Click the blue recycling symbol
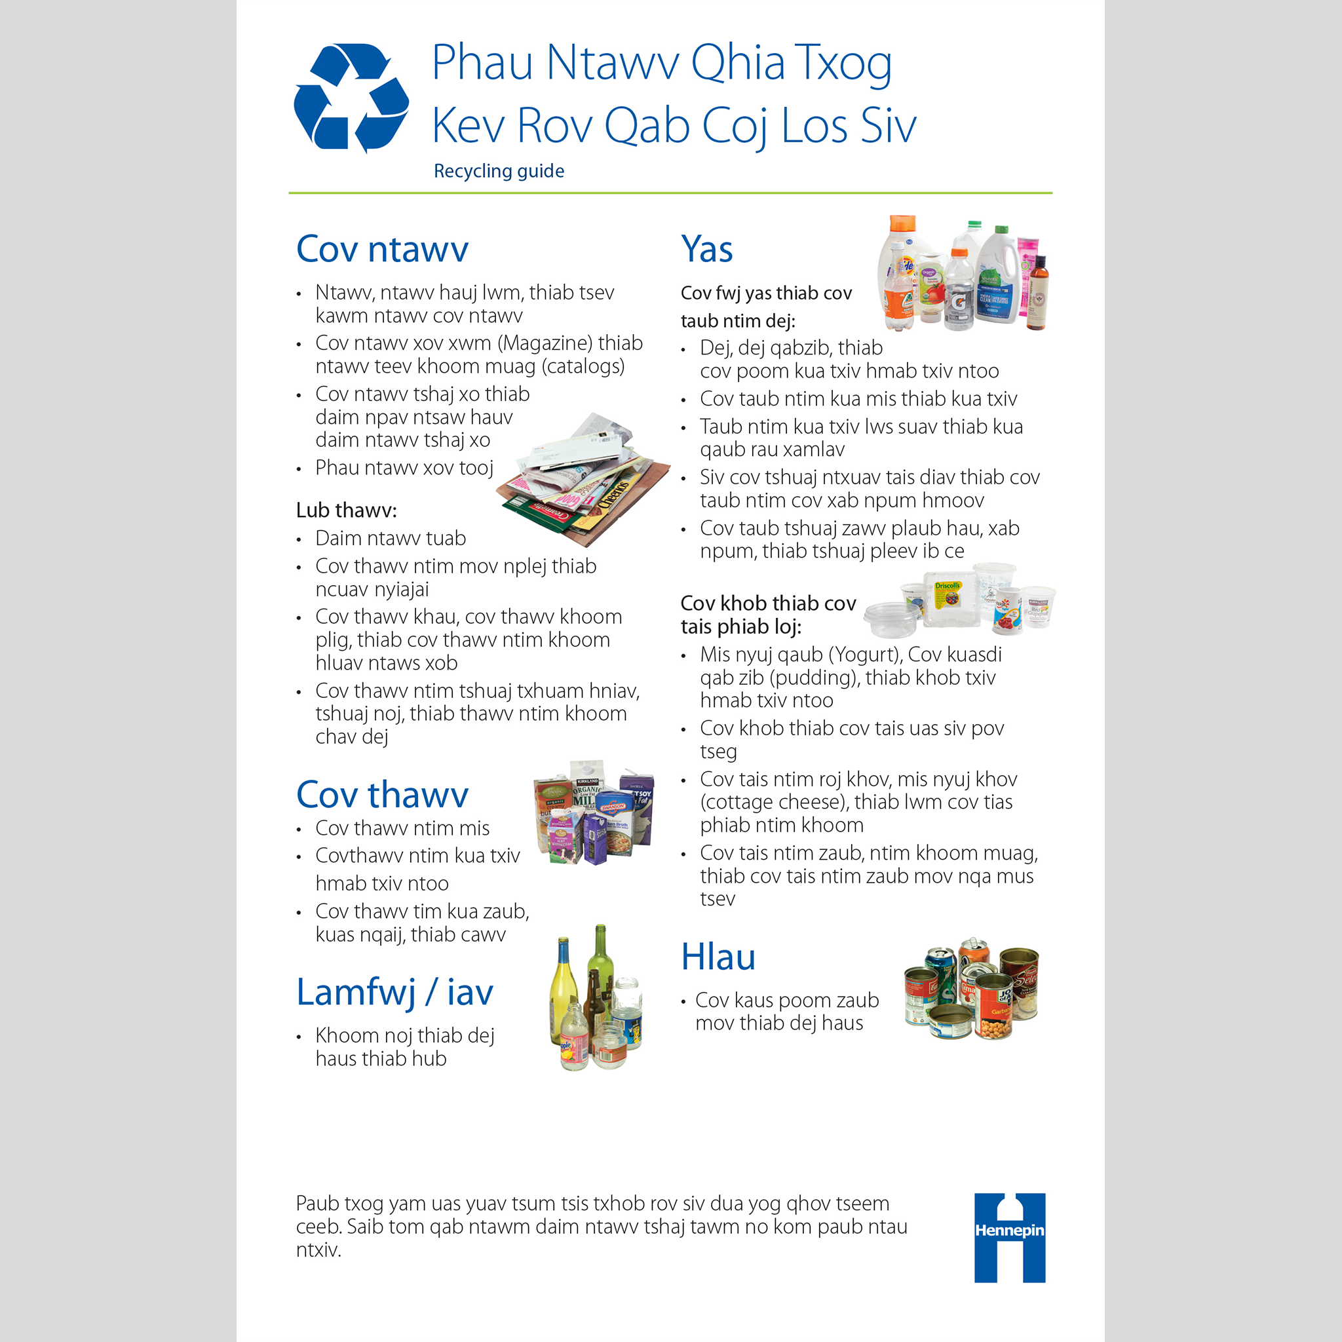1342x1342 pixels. [351, 97]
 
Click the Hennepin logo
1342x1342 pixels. [1009, 1237]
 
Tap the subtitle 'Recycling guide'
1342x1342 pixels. [499, 171]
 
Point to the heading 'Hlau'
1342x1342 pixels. [718, 957]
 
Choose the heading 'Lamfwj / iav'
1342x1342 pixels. [394, 992]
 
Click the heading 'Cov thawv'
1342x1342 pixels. [382, 795]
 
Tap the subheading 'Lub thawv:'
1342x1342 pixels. [346, 510]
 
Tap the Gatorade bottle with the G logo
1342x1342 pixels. [959, 292]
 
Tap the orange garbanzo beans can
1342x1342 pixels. [995, 1006]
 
